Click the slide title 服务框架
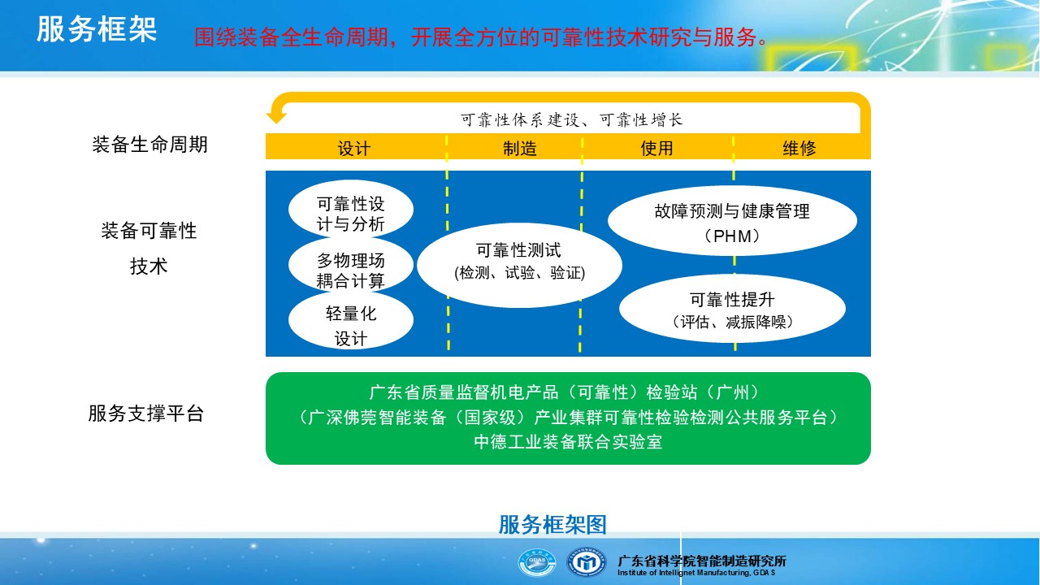tap(97, 29)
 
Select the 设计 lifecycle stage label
tap(353, 149)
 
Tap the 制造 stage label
tap(519, 149)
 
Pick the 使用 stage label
tap(656, 148)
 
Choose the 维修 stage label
tap(799, 148)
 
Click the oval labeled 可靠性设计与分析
tap(350, 210)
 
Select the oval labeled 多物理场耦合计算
tap(350, 266)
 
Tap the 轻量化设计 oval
tap(350, 320)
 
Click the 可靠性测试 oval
tap(519, 265)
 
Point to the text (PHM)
tap(732, 236)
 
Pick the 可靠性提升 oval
tap(732, 309)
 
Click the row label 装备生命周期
tap(149, 145)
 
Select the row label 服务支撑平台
tap(145, 414)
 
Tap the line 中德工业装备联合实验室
tap(568, 441)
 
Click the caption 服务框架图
tap(552, 525)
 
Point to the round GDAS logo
tap(537, 563)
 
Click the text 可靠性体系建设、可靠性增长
tap(571, 119)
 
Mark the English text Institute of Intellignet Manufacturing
tap(683, 573)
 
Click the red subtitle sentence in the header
tap(480, 37)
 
